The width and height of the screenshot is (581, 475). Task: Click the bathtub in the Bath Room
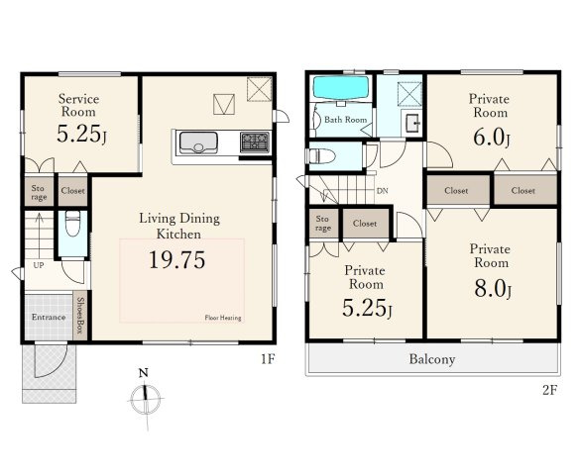(341, 88)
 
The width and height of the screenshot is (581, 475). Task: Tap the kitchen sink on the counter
(198, 142)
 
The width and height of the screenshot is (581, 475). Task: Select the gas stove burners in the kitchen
(255, 142)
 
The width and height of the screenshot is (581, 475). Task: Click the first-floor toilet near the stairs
(72, 223)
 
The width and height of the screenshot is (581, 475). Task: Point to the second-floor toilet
(321, 156)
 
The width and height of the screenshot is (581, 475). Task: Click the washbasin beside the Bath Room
(411, 123)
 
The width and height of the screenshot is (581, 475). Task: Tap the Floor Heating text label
(223, 318)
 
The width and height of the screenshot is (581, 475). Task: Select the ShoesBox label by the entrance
(79, 316)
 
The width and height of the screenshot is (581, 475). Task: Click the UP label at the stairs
(39, 265)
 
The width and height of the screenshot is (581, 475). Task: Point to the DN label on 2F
(383, 191)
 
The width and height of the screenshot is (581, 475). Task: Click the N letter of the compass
(144, 372)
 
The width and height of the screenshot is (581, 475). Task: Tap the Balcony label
(432, 359)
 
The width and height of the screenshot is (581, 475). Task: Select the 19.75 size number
(176, 259)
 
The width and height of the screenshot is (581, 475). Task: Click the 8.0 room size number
(493, 288)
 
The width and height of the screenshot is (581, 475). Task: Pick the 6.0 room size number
(492, 138)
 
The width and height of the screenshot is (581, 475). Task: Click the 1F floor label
(268, 358)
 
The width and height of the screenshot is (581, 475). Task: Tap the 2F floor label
(550, 390)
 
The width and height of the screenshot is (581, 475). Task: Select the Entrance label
(49, 317)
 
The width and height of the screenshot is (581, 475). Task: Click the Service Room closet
(72, 191)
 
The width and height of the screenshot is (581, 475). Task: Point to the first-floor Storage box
(39, 191)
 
